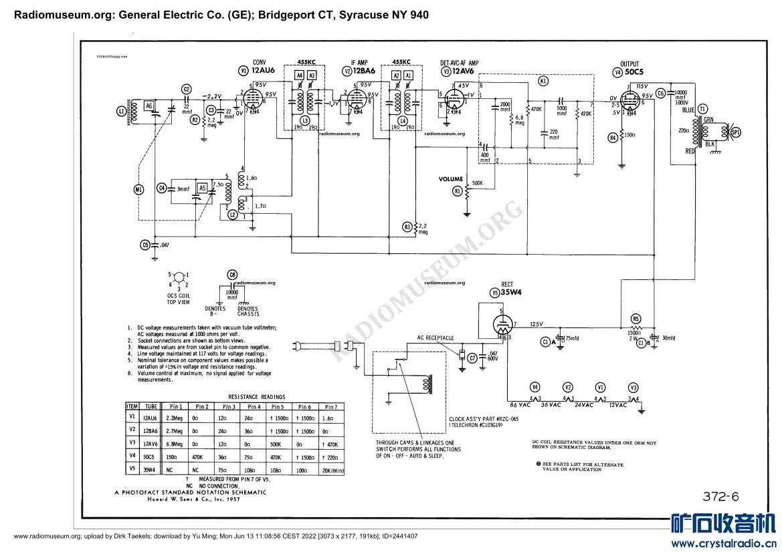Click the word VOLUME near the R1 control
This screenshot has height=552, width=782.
[451, 179]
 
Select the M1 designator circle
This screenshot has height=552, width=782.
[138, 189]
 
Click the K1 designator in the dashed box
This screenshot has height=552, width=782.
[543, 81]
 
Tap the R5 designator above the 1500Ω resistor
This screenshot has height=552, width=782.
[636, 319]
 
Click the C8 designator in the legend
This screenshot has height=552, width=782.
[232, 275]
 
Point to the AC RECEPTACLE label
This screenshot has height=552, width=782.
[435, 337]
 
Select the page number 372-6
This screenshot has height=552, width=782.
[720, 496]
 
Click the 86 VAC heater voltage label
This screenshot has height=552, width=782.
[520, 405]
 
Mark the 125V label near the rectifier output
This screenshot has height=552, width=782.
[536, 325]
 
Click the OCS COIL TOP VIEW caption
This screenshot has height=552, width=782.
[179, 298]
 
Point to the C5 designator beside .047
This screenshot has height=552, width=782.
[145, 245]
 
